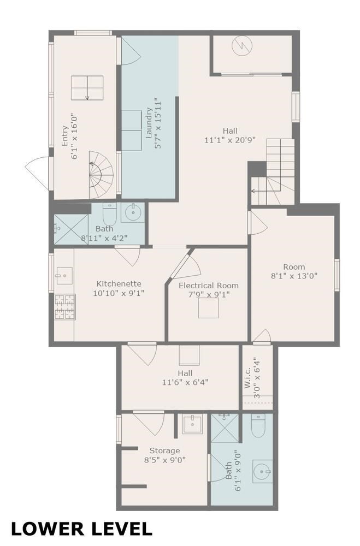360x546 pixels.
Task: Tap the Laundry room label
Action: tap(149, 125)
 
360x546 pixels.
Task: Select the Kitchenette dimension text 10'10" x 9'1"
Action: tap(119, 293)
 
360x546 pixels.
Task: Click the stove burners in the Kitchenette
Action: tap(64, 307)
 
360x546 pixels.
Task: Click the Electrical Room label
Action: tap(208, 285)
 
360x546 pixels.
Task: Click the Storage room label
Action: tap(164, 450)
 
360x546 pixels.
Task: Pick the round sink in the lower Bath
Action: tap(263, 470)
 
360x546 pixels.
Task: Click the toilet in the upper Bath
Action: tap(110, 212)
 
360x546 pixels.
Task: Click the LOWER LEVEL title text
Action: tap(81, 528)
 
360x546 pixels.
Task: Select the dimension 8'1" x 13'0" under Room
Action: tap(293, 276)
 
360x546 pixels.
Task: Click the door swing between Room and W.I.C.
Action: tap(262, 336)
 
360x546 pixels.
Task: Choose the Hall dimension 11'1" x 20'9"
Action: tap(229, 140)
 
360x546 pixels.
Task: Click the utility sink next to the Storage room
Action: tap(192, 424)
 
